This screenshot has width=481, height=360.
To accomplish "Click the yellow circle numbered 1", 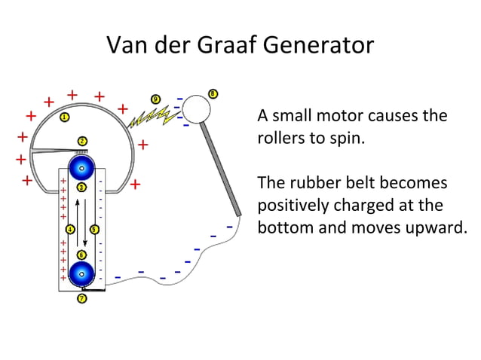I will coord(65,117).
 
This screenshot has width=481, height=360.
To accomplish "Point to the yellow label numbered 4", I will coord(70,229).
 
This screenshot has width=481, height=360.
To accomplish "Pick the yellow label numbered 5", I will coord(94,229).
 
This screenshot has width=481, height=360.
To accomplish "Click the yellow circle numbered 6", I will coord(81,255).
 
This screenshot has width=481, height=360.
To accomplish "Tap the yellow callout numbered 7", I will coord(81,299).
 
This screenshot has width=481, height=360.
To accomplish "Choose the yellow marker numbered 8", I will coord(213,94).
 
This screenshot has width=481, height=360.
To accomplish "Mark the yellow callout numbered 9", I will coord(155,99).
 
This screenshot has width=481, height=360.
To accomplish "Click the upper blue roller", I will coord(81,167).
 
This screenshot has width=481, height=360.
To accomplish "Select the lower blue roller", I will coord(81,273).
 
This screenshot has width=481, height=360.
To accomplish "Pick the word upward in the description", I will coord(432,227).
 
